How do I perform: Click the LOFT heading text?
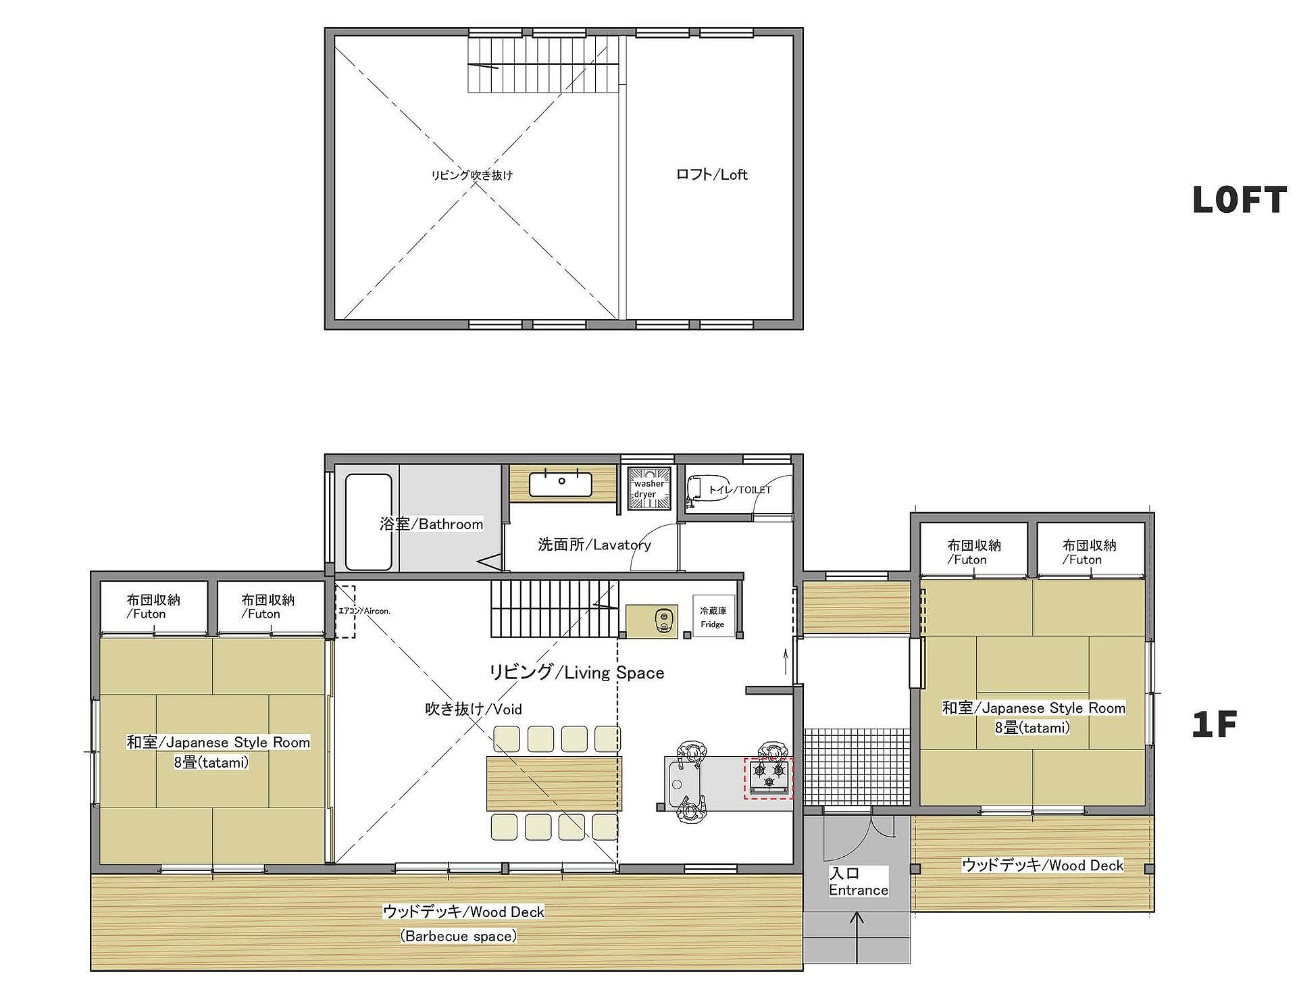[x=1239, y=200]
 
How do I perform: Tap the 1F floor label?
[x=1214, y=724]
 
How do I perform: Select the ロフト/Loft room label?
[x=711, y=174]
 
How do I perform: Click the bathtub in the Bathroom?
[x=369, y=522]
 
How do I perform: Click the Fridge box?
[x=712, y=617]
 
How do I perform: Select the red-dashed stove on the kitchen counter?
[x=768, y=778]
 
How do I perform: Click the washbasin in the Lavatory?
[x=561, y=484]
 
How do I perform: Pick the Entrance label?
[x=859, y=882]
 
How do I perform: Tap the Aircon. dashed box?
[x=345, y=612]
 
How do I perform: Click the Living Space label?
[x=576, y=672]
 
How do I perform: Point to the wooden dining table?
[x=554, y=783]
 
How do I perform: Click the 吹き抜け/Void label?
[x=473, y=709]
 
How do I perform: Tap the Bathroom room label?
[x=431, y=524]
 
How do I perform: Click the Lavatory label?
[x=594, y=545]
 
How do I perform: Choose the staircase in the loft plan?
[x=543, y=65]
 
